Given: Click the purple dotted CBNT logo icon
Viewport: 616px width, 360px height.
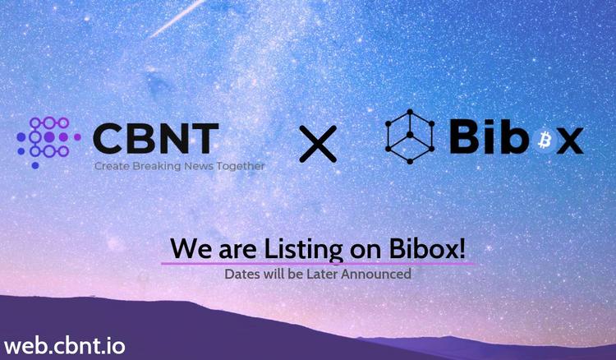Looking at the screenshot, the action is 48,142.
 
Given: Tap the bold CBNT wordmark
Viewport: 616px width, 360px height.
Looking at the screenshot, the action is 155,138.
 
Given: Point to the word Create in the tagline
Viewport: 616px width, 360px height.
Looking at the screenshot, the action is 112,166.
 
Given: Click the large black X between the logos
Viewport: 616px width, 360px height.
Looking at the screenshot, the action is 318,144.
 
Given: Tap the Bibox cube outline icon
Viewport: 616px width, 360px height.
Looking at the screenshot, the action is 410,136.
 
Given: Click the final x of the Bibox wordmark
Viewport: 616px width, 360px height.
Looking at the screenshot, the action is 570,141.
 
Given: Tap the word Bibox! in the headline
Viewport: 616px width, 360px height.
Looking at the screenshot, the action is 427,248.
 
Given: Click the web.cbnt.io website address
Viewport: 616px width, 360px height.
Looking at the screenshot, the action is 65,346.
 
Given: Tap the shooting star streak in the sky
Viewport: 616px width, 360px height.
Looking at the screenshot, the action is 177,18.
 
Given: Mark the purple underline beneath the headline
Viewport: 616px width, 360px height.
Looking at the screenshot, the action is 318,263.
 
